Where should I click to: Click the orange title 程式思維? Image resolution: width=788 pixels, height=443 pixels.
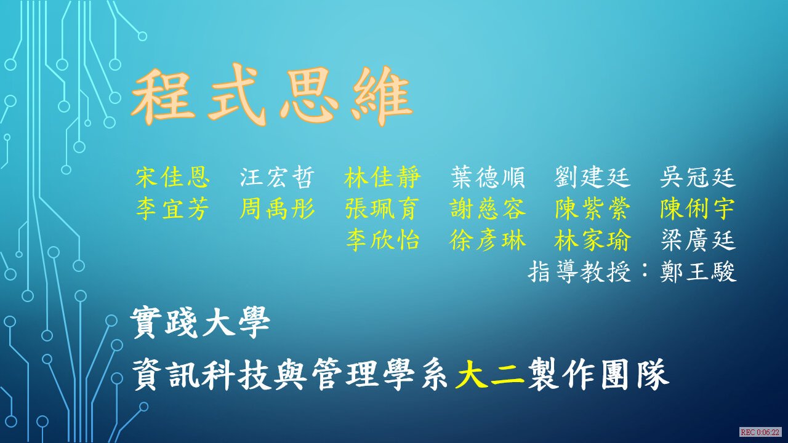point(271,95)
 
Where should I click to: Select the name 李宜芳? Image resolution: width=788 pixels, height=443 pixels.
point(173,209)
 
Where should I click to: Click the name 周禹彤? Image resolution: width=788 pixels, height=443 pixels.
point(277,209)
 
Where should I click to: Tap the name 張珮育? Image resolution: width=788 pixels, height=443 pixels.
point(382,209)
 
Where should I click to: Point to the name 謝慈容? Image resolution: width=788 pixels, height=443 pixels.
point(488,209)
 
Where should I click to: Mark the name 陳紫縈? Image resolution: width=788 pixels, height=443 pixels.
point(592,209)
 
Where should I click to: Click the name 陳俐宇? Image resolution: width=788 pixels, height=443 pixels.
point(698,209)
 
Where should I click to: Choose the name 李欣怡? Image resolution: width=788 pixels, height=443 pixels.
point(382,240)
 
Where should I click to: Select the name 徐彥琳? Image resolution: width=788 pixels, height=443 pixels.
point(488,240)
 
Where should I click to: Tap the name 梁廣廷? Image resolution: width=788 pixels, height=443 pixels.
point(698,240)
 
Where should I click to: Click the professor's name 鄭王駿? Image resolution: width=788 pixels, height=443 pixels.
point(698,272)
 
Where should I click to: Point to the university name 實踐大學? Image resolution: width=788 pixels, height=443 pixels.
point(200,323)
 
